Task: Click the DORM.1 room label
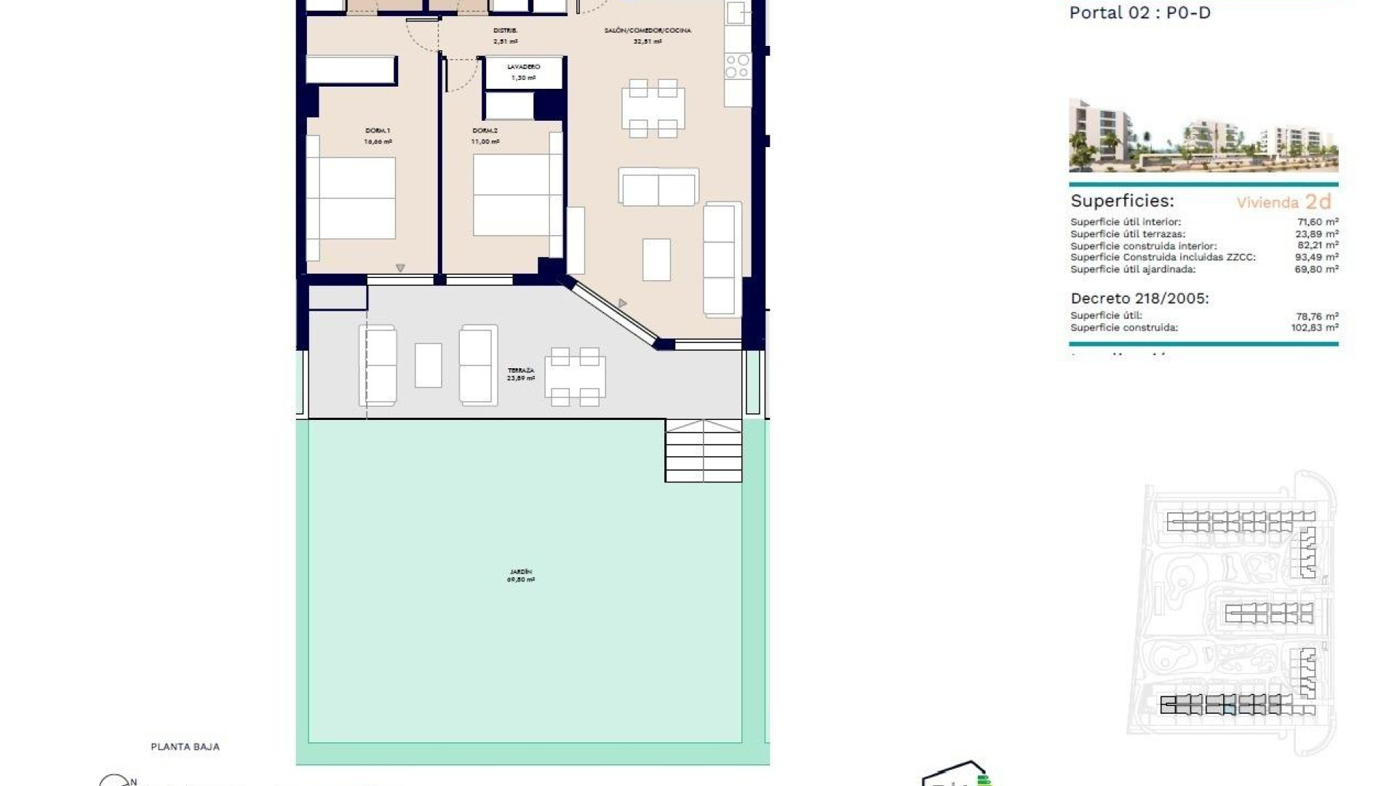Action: [x=378, y=131]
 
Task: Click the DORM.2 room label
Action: [x=485, y=131]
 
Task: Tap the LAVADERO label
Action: [x=523, y=67]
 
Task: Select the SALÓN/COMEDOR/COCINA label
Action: [x=648, y=31]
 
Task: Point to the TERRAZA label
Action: [x=521, y=370]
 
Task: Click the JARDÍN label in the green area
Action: [x=521, y=572]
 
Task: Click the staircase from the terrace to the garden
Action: [x=703, y=450]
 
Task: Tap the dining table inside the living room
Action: [x=653, y=108]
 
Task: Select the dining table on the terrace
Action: [x=575, y=377]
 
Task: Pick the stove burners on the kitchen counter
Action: [x=737, y=65]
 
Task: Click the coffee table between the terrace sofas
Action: [x=428, y=365]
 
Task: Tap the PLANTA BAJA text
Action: [x=185, y=747]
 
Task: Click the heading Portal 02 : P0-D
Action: [x=1139, y=12]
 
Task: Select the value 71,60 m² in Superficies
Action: [x=1318, y=222]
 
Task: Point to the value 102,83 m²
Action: [x=1314, y=327]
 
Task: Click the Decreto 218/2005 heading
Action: [x=1139, y=298]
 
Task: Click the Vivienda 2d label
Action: [x=1283, y=202]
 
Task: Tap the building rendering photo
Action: [x=1203, y=136]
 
